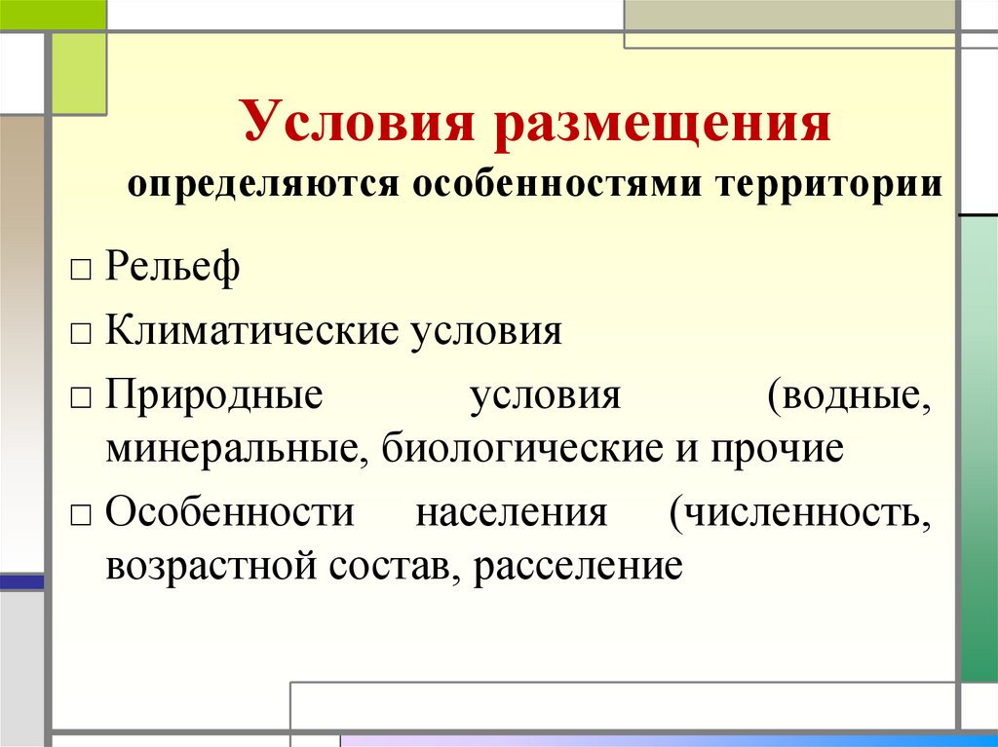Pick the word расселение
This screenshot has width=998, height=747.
coord(577,565)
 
